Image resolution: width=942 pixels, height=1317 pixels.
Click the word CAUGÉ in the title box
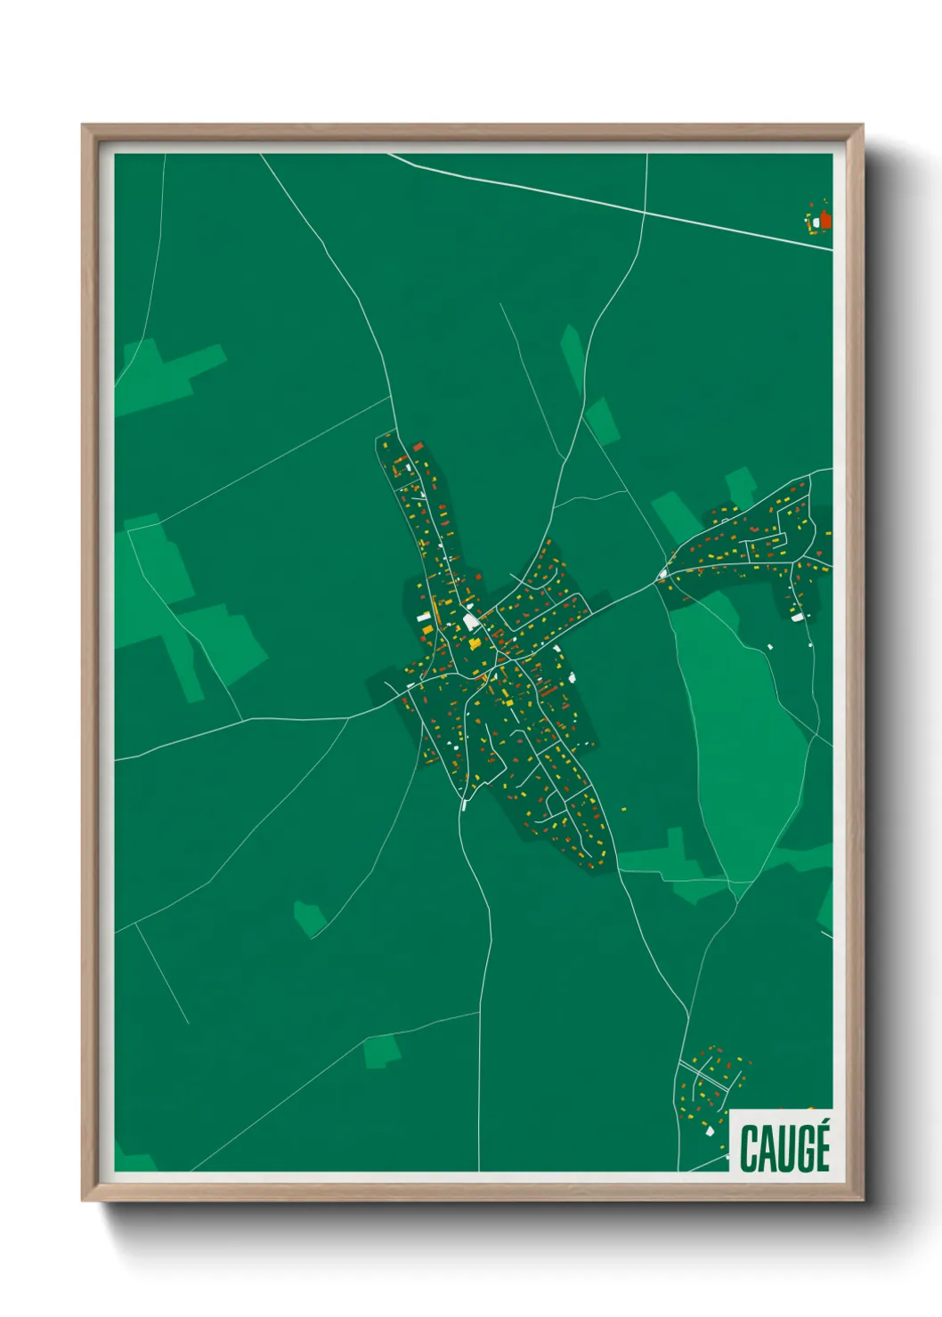coord(784,1148)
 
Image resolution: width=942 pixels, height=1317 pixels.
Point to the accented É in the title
coord(820,1146)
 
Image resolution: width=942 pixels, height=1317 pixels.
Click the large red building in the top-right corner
coord(825,219)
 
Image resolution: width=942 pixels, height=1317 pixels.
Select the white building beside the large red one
coord(816,222)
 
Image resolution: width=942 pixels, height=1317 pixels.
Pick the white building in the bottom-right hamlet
coord(709,1132)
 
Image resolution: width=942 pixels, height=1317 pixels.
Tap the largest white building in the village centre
coord(470,622)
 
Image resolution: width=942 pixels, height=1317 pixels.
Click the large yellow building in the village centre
coord(475,642)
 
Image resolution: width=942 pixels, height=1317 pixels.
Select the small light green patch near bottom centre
coord(382,1052)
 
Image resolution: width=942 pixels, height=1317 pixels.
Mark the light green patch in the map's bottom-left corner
coord(134,1161)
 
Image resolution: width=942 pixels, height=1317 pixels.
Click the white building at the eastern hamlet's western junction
coord(662,576)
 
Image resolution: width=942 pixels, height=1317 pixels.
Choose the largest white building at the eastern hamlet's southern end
coord(797,616)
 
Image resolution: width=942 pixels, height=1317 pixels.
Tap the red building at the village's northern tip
coord(418,446)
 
